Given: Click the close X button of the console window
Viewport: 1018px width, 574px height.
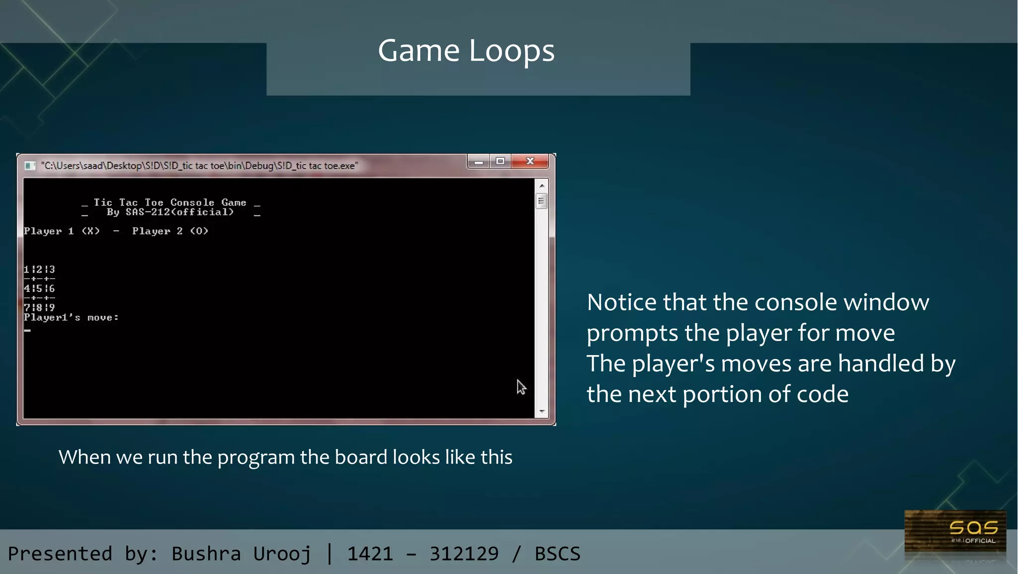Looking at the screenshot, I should coord(530,161).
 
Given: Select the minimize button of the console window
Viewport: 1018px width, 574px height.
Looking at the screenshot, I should coord(479,162).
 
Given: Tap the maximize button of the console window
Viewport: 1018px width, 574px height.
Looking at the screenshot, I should coord(501,161).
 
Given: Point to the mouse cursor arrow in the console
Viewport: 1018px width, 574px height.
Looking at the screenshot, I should coord(520,386).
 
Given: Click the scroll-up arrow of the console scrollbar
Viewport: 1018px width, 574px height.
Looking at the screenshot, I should coord(542,186).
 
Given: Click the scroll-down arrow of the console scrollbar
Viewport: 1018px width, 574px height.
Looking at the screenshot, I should coord(542,411).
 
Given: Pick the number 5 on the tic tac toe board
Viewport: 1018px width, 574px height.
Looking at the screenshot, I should coord(39,288).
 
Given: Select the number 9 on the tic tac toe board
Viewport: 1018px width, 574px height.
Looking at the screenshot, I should coord(52,307).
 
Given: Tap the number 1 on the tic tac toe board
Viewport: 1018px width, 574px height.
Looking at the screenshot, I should coord(26,270).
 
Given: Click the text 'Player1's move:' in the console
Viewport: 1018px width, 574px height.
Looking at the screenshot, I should coord(71,317).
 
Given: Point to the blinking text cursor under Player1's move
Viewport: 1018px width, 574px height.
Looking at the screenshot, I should coord(27,330).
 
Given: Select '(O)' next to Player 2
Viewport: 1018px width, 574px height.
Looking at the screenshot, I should coord(199,231).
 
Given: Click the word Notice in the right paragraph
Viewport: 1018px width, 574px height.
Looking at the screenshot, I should coord(621,302).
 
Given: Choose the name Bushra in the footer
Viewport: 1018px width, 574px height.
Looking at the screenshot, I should coord(206,554).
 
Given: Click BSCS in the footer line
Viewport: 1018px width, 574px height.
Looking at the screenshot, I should coord(557,554).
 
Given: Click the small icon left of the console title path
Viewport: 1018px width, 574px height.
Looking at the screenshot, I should coord(30,166).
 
